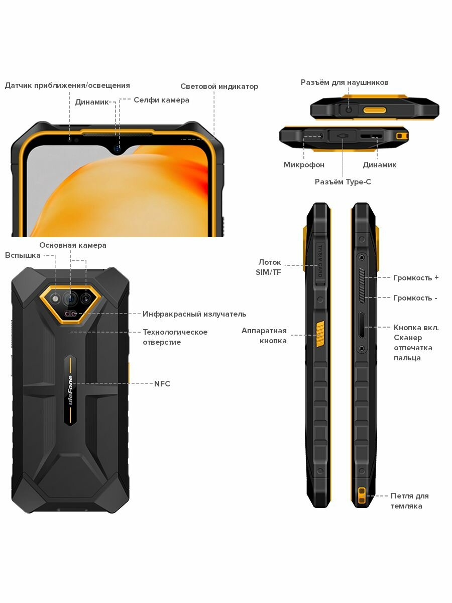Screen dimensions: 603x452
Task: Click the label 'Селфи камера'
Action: point(161,100)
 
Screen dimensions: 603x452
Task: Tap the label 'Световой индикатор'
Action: point(219,86)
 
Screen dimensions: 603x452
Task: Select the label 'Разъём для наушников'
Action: point(345,82)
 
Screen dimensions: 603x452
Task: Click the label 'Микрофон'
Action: point(304,165)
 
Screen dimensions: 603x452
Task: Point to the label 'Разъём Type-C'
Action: point(343,182)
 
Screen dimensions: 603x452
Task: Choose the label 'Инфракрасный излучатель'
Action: point(194,314)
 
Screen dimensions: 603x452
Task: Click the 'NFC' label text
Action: point(162,384)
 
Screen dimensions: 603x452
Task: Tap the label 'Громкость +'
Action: point(416,277)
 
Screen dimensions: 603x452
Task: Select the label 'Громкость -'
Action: point(415,298)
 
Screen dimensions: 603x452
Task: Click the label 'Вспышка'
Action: point(23,255)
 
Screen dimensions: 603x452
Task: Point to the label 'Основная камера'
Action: point(73,245)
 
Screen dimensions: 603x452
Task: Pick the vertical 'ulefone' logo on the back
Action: point(70,389)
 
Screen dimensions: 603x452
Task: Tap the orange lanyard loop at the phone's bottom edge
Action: point(361,495)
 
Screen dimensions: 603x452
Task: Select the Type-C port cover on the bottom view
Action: point(343,136)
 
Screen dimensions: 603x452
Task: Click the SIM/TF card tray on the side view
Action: point(319,261)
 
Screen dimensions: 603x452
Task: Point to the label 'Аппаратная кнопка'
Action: point(264,336)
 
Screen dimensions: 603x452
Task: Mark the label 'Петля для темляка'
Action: point(409,501)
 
